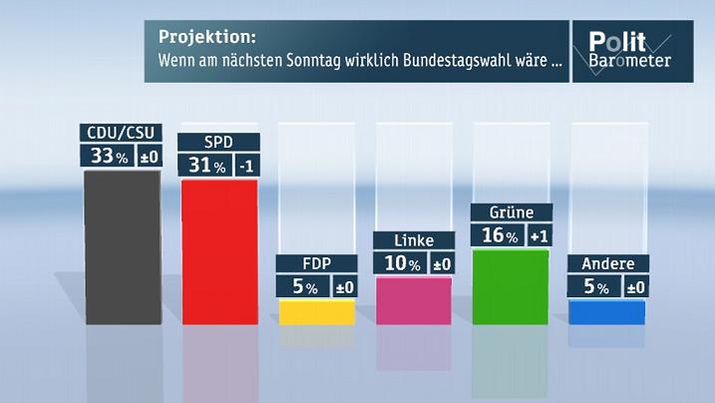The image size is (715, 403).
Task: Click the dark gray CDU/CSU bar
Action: [121, 246]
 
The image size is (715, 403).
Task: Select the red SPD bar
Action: [218, 251]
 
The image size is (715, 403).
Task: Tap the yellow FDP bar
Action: [316, 312]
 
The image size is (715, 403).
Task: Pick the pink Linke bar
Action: [414, 300]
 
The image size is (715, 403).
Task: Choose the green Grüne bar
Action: [511, 286]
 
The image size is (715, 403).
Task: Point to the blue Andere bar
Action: [608, 312]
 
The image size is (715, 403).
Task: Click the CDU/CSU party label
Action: [121, 134]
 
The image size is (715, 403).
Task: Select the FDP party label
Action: [316, 264]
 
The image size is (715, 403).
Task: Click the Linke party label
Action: [414, 240]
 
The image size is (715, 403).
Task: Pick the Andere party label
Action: [608, 264]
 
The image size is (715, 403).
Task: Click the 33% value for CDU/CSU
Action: [107, 157]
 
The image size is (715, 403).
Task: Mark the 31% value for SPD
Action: [204, 166]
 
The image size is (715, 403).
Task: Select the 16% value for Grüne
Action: [497, 235]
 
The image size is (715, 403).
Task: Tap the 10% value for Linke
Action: [400, 263]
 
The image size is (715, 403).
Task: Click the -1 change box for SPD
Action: [245, 166]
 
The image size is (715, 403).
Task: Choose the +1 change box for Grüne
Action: [538, 235]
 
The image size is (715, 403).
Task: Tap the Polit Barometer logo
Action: [629, 50]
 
